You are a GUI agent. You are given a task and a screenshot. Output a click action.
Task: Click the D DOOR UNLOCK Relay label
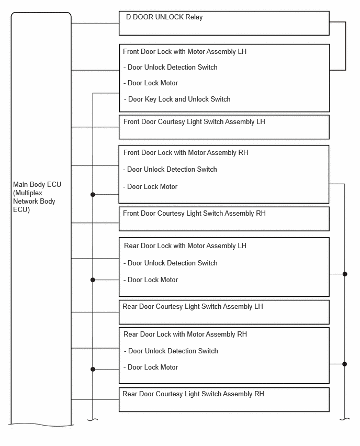tap(164, 17)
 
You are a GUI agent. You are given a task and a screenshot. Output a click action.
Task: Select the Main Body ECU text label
tap(37, 197)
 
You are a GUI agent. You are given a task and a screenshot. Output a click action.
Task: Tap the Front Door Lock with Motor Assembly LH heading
tap(185, 52)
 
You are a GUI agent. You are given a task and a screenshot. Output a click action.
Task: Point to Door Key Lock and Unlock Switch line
tap(177, 99)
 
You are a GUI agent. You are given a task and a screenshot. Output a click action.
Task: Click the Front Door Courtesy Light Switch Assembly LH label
tap(194, 122)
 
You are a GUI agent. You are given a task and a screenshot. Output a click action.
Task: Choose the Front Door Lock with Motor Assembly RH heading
tap(186, 153)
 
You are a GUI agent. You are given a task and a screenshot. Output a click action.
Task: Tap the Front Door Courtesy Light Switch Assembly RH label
tap(194, 214)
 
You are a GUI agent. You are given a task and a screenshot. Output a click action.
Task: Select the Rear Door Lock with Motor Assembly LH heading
tap(185, 246)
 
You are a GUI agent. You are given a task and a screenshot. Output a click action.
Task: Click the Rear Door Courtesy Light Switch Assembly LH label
tap(193, 307)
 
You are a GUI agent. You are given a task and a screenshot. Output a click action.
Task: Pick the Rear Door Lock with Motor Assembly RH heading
tap(185, 334)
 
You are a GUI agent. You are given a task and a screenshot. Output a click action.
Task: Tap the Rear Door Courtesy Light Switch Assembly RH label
tap(194, 394)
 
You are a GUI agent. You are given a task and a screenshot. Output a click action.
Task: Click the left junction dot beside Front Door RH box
tap(93, 195)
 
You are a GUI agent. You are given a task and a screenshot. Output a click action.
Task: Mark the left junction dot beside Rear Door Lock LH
tap(93, 280)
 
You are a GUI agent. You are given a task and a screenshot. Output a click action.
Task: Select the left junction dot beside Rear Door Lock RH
tap(93, 369)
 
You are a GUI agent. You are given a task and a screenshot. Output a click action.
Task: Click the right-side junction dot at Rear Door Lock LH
tap(345, 274)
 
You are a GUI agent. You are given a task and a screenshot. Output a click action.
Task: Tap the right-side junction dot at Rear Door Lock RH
tap(345, 364)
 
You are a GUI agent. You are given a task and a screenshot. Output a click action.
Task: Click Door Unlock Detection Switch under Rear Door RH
tap(171, 351)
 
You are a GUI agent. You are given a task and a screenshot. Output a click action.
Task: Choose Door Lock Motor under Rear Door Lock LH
tap(151, 280)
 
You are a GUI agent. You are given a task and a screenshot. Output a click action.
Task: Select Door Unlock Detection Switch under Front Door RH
tap(170, 170)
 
